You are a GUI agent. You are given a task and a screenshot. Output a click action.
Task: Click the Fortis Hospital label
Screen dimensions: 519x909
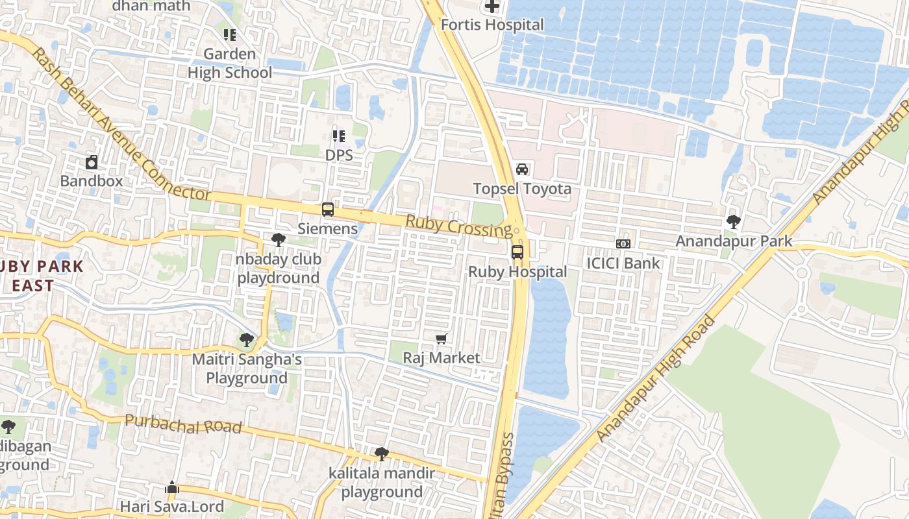492,25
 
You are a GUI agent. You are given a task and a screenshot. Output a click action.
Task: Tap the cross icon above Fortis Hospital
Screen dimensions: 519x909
492,6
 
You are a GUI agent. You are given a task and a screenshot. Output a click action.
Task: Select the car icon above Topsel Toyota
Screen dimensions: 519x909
522,169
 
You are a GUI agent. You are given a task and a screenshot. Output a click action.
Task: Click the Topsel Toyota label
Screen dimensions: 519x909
522,189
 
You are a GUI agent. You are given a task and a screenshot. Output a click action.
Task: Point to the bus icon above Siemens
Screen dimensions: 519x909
328,210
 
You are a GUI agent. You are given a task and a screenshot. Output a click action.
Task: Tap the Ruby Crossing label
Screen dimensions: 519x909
458,226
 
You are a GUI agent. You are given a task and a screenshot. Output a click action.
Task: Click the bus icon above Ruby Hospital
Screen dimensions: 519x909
517,252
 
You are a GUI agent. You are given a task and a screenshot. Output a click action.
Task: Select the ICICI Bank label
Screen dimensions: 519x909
623,263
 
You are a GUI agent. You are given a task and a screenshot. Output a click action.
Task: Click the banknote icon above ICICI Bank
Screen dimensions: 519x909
623,244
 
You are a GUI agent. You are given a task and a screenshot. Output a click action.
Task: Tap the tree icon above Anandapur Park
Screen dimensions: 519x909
734,222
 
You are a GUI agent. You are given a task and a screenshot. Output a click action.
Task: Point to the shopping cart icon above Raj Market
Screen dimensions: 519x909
442,339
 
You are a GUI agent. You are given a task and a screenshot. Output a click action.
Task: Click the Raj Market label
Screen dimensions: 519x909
442,357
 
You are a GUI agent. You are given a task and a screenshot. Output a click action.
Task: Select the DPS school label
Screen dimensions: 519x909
339,155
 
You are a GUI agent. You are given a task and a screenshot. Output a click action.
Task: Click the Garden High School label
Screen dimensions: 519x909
230,63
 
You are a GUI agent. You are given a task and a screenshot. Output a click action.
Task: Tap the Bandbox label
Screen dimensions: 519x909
92,180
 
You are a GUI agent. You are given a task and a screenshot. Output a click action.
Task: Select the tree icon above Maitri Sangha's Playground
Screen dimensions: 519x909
247,339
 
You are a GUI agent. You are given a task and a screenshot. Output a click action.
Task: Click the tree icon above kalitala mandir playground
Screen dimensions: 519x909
382,454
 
